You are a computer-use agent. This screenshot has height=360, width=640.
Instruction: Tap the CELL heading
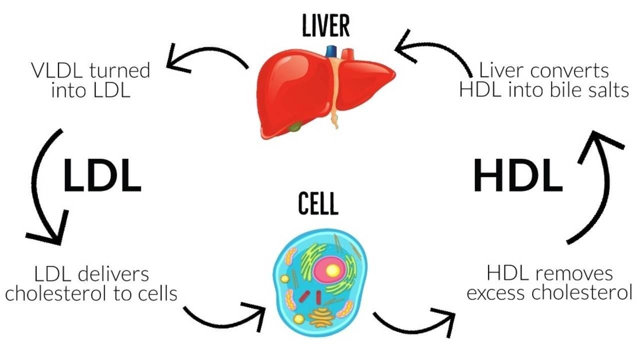point(318,203)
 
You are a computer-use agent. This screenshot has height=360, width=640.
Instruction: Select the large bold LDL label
point(102,175)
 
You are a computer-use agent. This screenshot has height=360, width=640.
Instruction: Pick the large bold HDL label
point(518,175)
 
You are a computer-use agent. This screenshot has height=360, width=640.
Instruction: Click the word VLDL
point(57,70)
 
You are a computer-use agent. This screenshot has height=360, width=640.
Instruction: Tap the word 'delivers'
point(113,274)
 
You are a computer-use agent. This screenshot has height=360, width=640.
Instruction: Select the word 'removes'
point(574,273)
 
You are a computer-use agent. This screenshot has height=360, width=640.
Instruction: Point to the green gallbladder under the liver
point(295,127)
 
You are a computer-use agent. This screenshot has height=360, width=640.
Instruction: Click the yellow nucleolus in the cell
point(332,270)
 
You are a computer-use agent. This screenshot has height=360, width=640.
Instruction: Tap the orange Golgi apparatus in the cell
point(321,317)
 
